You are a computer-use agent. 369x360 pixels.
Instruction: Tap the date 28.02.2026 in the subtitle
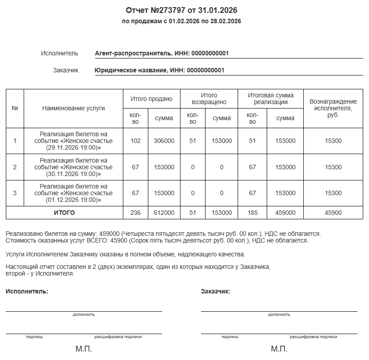click(225, 21)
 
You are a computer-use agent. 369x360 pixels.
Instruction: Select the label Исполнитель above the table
click(59, 54)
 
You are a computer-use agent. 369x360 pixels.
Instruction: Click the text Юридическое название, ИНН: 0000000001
click(159, 70)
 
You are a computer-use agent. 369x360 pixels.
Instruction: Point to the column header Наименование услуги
click(73, 108)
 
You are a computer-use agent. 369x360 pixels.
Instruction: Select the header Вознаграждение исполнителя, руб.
click(333, 108)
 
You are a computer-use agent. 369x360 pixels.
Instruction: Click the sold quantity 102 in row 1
click(135, 141)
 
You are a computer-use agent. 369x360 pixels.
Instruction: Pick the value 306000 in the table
click(164, 141)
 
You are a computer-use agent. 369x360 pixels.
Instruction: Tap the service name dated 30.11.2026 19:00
click(73, 167)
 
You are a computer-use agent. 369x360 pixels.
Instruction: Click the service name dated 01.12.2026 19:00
click(73, 193)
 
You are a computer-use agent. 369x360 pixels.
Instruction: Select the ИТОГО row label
click(64, 213)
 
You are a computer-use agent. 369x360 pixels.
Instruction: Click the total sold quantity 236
click(135, 213)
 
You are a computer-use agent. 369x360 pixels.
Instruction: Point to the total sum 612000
click(164, 213)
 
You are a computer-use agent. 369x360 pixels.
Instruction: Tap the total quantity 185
click(252, 213)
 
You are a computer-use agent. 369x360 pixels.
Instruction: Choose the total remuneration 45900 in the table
click(333, 213)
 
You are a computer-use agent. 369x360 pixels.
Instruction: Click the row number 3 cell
click(15, 193)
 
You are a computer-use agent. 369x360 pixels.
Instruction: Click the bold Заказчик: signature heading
click(216, 291)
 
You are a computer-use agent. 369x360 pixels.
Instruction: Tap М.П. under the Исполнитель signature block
click(84, 348)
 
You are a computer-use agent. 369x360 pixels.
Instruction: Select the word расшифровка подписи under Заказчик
click(313, 337)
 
